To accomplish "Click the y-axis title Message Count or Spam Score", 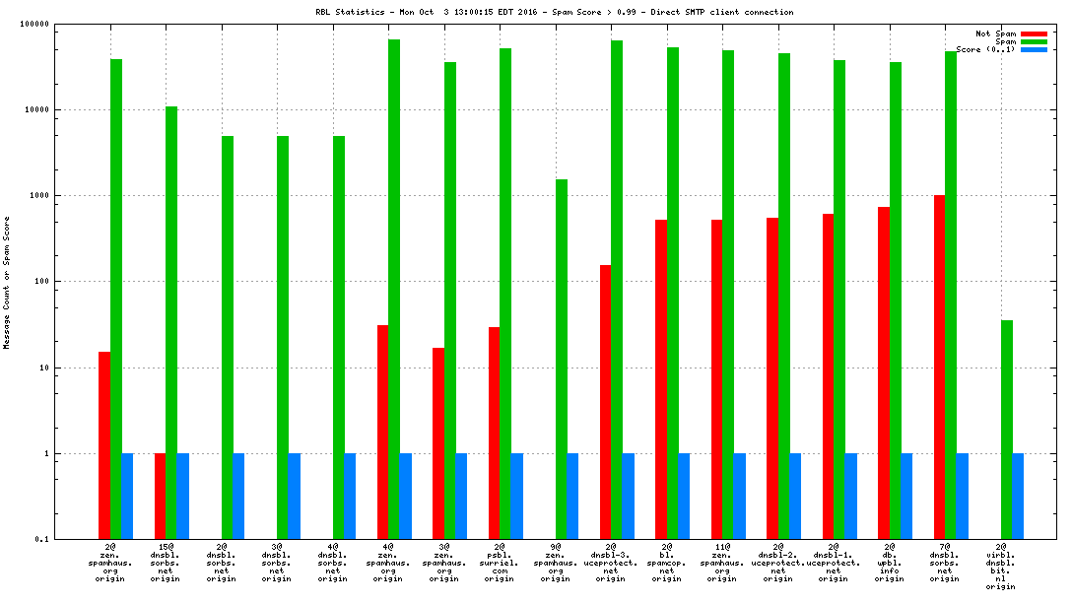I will pyautogui.click(x=7, y=282).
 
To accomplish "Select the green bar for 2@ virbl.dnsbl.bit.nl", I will pyautogui.click(x=1007, y=430).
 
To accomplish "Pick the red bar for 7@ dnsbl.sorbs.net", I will pyautogui.click(x=940, y=367).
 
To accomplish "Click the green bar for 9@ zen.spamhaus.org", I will pyautogui.click(x=562, y=359).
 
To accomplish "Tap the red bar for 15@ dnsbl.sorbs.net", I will pyautogui.click(x=160, y=497).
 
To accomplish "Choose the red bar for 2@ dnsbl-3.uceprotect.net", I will pyautogui.click(x=605, y=402).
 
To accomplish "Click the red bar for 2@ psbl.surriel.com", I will pyautogui.click(x=494, y=434).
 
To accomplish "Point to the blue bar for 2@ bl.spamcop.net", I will pyautogui.click(x=684, y=497).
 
